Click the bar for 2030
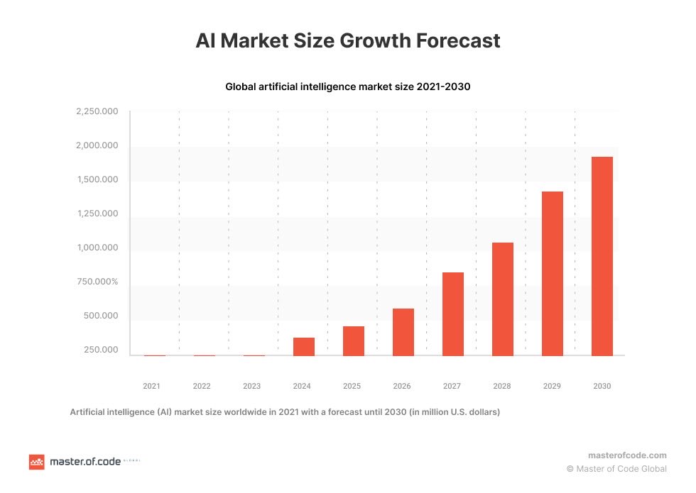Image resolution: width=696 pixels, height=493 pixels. coord(602,256)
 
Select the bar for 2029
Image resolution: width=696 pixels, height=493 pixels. coord(552,274)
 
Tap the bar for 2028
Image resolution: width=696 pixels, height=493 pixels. coord(502,299)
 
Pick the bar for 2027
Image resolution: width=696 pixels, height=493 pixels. coord(452,314)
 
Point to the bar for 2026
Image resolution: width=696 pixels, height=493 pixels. coord(403,332)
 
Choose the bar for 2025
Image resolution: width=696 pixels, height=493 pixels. coord(353,341)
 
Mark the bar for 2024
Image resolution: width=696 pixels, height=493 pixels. coord(303,347)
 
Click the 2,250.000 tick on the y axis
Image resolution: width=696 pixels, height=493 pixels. coord(97,112)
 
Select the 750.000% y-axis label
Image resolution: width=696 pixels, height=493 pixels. coord(97,282)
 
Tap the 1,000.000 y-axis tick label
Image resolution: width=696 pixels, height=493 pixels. coord(97,248)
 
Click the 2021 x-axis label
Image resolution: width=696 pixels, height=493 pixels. coord(151,387)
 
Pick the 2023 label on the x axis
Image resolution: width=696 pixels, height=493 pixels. coord(251,387)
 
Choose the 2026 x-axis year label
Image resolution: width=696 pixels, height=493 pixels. coord(402,387)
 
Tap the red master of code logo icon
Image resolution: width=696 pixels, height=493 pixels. coord(36,462)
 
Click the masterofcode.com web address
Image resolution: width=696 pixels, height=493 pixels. coord(627,455)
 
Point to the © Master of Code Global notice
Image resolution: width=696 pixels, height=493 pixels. coord(616,469)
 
